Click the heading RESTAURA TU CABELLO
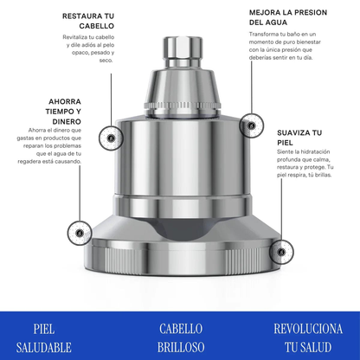tap(88, 21)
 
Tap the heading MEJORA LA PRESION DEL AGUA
tap(288, 17)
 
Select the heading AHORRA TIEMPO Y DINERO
tap(63, 112)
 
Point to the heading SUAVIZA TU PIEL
tap(299, 138)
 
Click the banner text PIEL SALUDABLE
tap(44, 337)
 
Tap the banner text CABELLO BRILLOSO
tap(181, 337)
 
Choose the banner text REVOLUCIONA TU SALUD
tap(308, 337)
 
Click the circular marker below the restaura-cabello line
tap(111, 138)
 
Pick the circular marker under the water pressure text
tap(252, 125)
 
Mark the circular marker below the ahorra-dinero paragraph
tap(80, 233)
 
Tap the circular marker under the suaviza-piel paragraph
tap(281, 252)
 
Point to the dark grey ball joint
tap(183, 230)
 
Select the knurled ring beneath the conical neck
tap(183, 106)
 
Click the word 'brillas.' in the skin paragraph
tap(323, 175)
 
